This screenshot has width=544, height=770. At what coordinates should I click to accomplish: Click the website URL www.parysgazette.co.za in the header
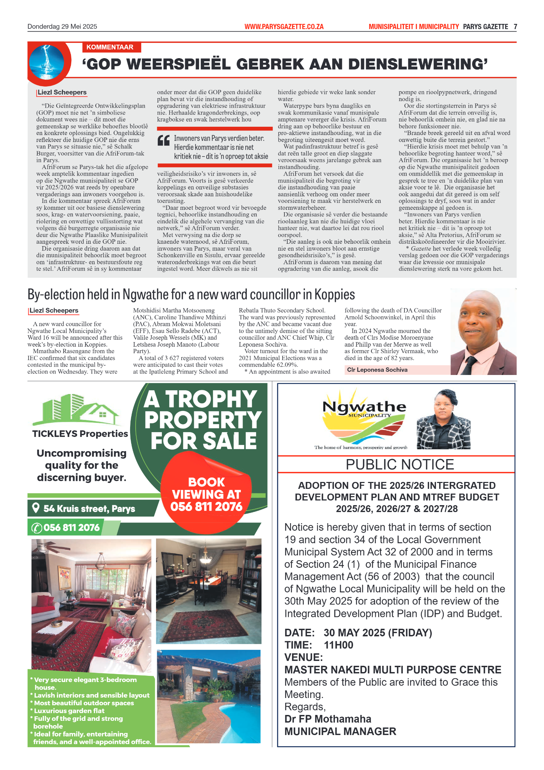coord(284,27)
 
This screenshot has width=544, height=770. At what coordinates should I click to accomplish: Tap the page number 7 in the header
coord(515,27)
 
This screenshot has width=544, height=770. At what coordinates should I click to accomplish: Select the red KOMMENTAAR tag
coord(110,47)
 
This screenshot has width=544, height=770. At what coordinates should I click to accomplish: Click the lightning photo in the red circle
coord(46,62)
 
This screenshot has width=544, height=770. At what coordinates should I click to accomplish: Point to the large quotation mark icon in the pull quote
coord(164,140)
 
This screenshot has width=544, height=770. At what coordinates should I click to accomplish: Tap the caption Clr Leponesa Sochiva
coord(377,370)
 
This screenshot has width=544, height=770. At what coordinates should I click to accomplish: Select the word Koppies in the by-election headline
coord(334,295)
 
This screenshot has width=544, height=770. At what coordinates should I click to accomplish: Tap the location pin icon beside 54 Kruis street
coord(35,508)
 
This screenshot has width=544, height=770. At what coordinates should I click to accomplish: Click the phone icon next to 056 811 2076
coord(36,528)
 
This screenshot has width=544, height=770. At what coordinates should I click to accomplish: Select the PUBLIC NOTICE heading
coord(400,465)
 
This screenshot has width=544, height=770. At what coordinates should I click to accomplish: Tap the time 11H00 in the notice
coord(338,645)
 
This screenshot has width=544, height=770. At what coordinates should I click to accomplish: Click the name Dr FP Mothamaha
coord(328,719)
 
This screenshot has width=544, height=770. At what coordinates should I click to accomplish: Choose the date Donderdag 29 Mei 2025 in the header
coord(62,27)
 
